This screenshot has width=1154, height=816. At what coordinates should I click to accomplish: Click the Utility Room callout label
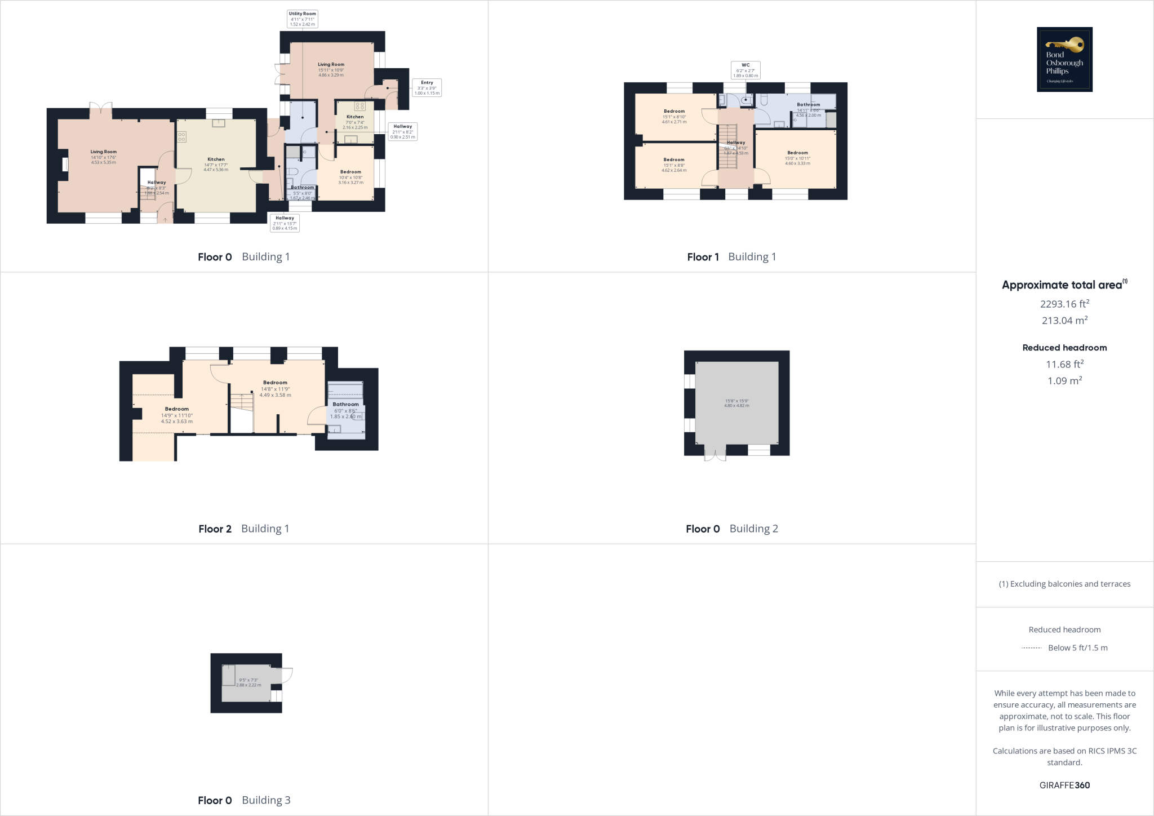point(303,19)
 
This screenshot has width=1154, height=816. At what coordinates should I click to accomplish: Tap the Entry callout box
point(427,87)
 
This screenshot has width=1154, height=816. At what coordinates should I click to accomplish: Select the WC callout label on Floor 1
point(745,70)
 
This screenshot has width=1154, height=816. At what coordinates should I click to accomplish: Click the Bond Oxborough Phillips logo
point(1064,59)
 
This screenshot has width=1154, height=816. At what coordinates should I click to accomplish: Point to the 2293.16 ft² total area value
point(1064,304)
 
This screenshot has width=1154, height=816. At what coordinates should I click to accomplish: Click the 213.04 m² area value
point(1064,320)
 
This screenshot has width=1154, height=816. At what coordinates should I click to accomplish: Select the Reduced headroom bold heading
point(1064,348)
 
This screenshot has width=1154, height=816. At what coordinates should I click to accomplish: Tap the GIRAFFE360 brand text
point(1064,785)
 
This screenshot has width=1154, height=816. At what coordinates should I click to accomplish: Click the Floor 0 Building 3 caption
point(244,800)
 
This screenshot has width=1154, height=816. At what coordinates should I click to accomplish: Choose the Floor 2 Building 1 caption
point(243,529)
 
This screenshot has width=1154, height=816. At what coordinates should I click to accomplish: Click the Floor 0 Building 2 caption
point(731,529)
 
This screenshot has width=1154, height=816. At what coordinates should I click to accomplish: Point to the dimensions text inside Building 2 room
point(736,403)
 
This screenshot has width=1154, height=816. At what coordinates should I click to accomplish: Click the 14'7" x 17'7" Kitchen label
point(216,165)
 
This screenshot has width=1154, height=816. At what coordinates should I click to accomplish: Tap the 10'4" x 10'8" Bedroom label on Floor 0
point(350,177)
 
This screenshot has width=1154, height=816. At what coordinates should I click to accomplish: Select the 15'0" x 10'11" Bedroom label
point(797,158)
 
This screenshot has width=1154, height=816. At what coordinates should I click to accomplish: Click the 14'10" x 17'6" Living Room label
point(104,157)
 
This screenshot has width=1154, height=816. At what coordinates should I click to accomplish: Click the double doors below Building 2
point(715,455)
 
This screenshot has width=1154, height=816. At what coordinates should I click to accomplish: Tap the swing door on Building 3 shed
point(286,675)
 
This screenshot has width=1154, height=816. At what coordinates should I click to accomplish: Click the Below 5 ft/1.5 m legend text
point(1077,648)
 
